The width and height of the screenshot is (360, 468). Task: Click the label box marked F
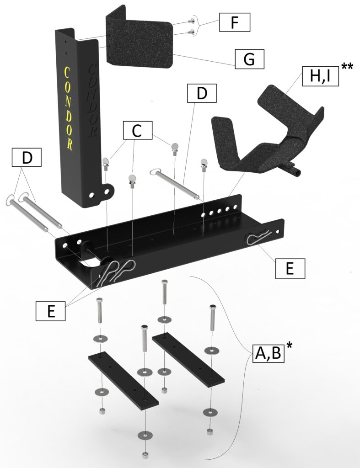pyautogui.click(x=235, y=22)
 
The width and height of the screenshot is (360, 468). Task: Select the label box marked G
pyautogui.click(x=250, y=59)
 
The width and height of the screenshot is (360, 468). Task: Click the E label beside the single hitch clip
pyautogui.click(x=289, y=269)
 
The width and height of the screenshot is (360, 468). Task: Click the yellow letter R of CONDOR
pyautogui.click(x=70, y=144)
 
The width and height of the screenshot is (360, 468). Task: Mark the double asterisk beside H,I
pyautogui.click(x=347, y=67)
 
